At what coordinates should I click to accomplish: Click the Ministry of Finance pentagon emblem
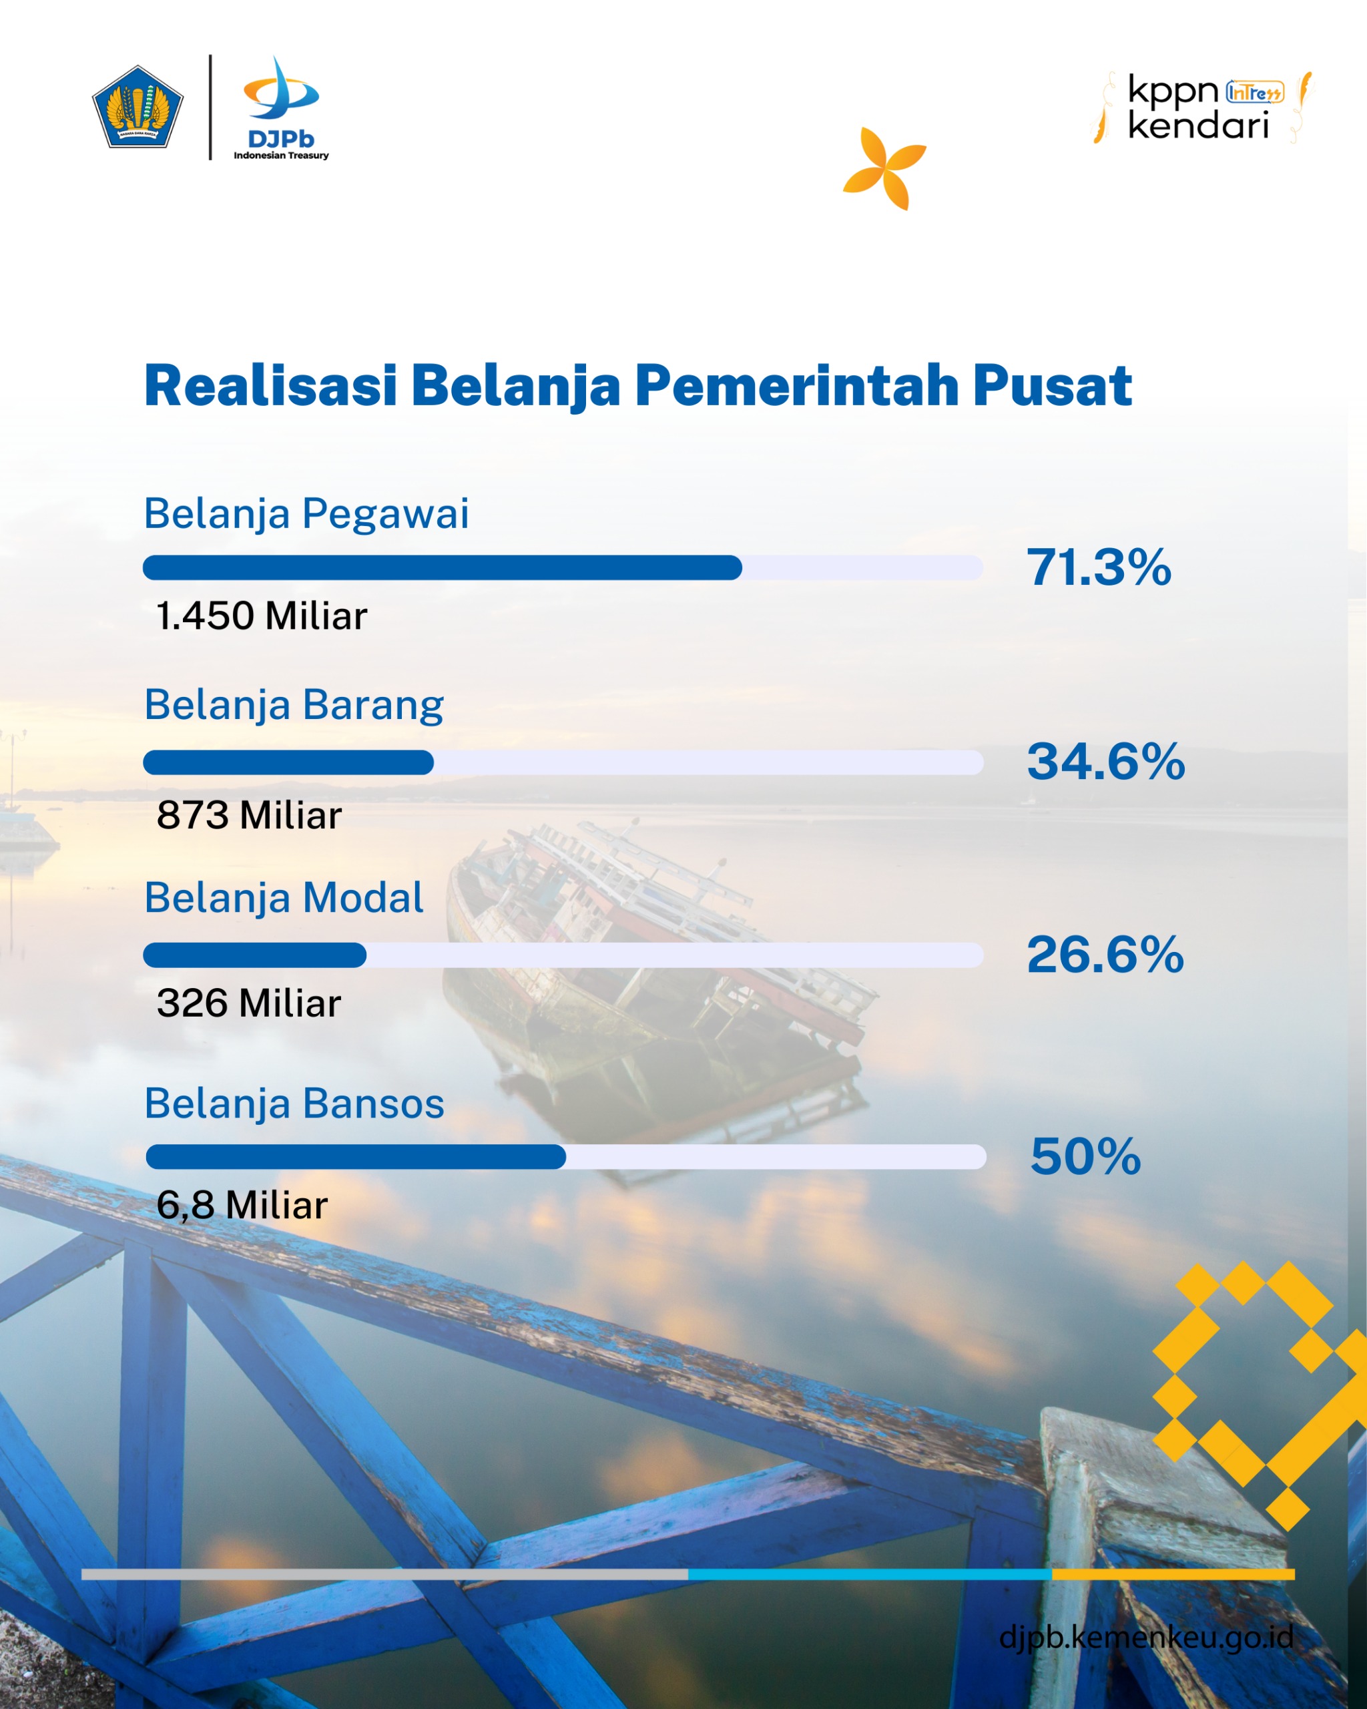138,107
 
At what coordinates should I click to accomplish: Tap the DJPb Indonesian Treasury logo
281,107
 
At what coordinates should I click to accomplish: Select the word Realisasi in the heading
270,386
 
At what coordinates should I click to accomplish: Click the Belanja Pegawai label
306,513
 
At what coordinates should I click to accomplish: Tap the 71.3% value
1099,567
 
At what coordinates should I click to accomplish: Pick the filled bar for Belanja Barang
288,762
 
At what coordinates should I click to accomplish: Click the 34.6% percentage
1105,762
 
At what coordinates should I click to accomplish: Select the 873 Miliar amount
249,815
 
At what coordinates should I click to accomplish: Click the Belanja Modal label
284,898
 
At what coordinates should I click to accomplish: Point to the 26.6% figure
1105,955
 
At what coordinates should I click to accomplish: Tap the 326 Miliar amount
249,1003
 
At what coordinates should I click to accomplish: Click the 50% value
1085,1156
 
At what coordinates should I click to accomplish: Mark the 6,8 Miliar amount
242,1206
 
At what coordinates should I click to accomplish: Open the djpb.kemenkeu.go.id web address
1146,1636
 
